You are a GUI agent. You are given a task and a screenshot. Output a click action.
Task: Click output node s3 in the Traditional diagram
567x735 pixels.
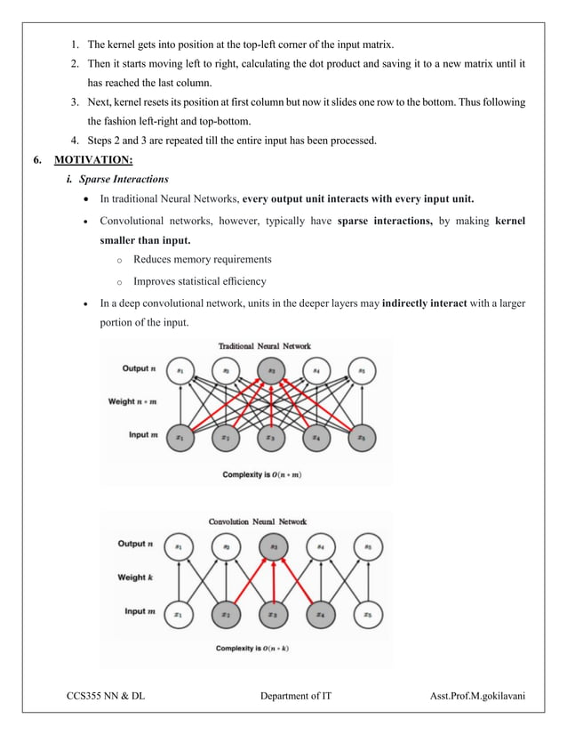tap(272, 369)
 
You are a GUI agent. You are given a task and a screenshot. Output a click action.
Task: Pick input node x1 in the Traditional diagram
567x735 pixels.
tap(180, 437)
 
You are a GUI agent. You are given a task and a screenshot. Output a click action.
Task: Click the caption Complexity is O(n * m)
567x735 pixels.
tap(261, 474)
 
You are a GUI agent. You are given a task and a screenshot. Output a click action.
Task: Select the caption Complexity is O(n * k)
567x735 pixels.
tap(252, 649)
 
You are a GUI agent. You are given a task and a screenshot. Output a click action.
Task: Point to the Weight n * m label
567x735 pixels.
tap(132, 401)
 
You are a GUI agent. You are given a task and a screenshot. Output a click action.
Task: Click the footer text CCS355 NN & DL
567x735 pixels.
tap(106, 696)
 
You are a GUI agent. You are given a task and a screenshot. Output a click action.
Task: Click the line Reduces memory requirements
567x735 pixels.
tap(202, 260)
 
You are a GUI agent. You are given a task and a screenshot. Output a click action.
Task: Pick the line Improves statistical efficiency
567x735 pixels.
tap(199, 281)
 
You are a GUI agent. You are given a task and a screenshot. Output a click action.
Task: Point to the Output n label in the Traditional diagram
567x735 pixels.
tap(140, 367)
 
